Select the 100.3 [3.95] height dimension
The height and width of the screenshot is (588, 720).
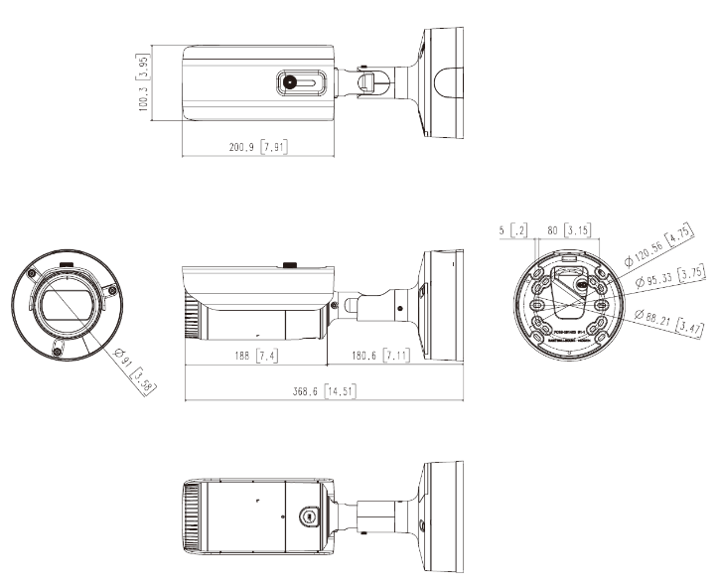point(143,82)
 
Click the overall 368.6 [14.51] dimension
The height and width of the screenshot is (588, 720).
point(321,392)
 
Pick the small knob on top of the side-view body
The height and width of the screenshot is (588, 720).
point(291,265)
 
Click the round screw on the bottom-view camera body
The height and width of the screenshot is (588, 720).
point(309,515)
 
